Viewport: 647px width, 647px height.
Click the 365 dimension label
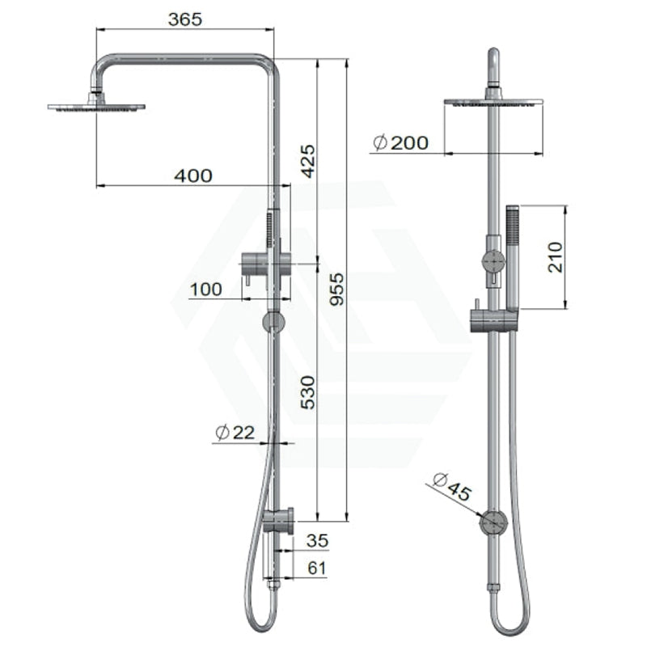coord(184,19)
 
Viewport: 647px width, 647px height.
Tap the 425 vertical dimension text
coord(308,162)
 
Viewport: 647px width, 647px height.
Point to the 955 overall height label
coord(337,290)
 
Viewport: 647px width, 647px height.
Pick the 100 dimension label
coord(206,289)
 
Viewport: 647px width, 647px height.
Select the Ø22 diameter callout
coord(235,433)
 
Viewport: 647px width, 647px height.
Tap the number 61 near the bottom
coord(316,568)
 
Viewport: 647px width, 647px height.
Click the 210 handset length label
coord(556,256)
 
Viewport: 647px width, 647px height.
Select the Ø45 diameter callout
coord(451,489)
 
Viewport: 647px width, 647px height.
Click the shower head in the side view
coord(96,106)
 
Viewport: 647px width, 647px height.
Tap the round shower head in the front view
coord(493,102)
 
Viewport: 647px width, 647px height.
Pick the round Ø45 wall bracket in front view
coord(493,523)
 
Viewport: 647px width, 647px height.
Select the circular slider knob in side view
coord(274,323)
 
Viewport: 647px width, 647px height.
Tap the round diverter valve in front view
coord(492,262)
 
